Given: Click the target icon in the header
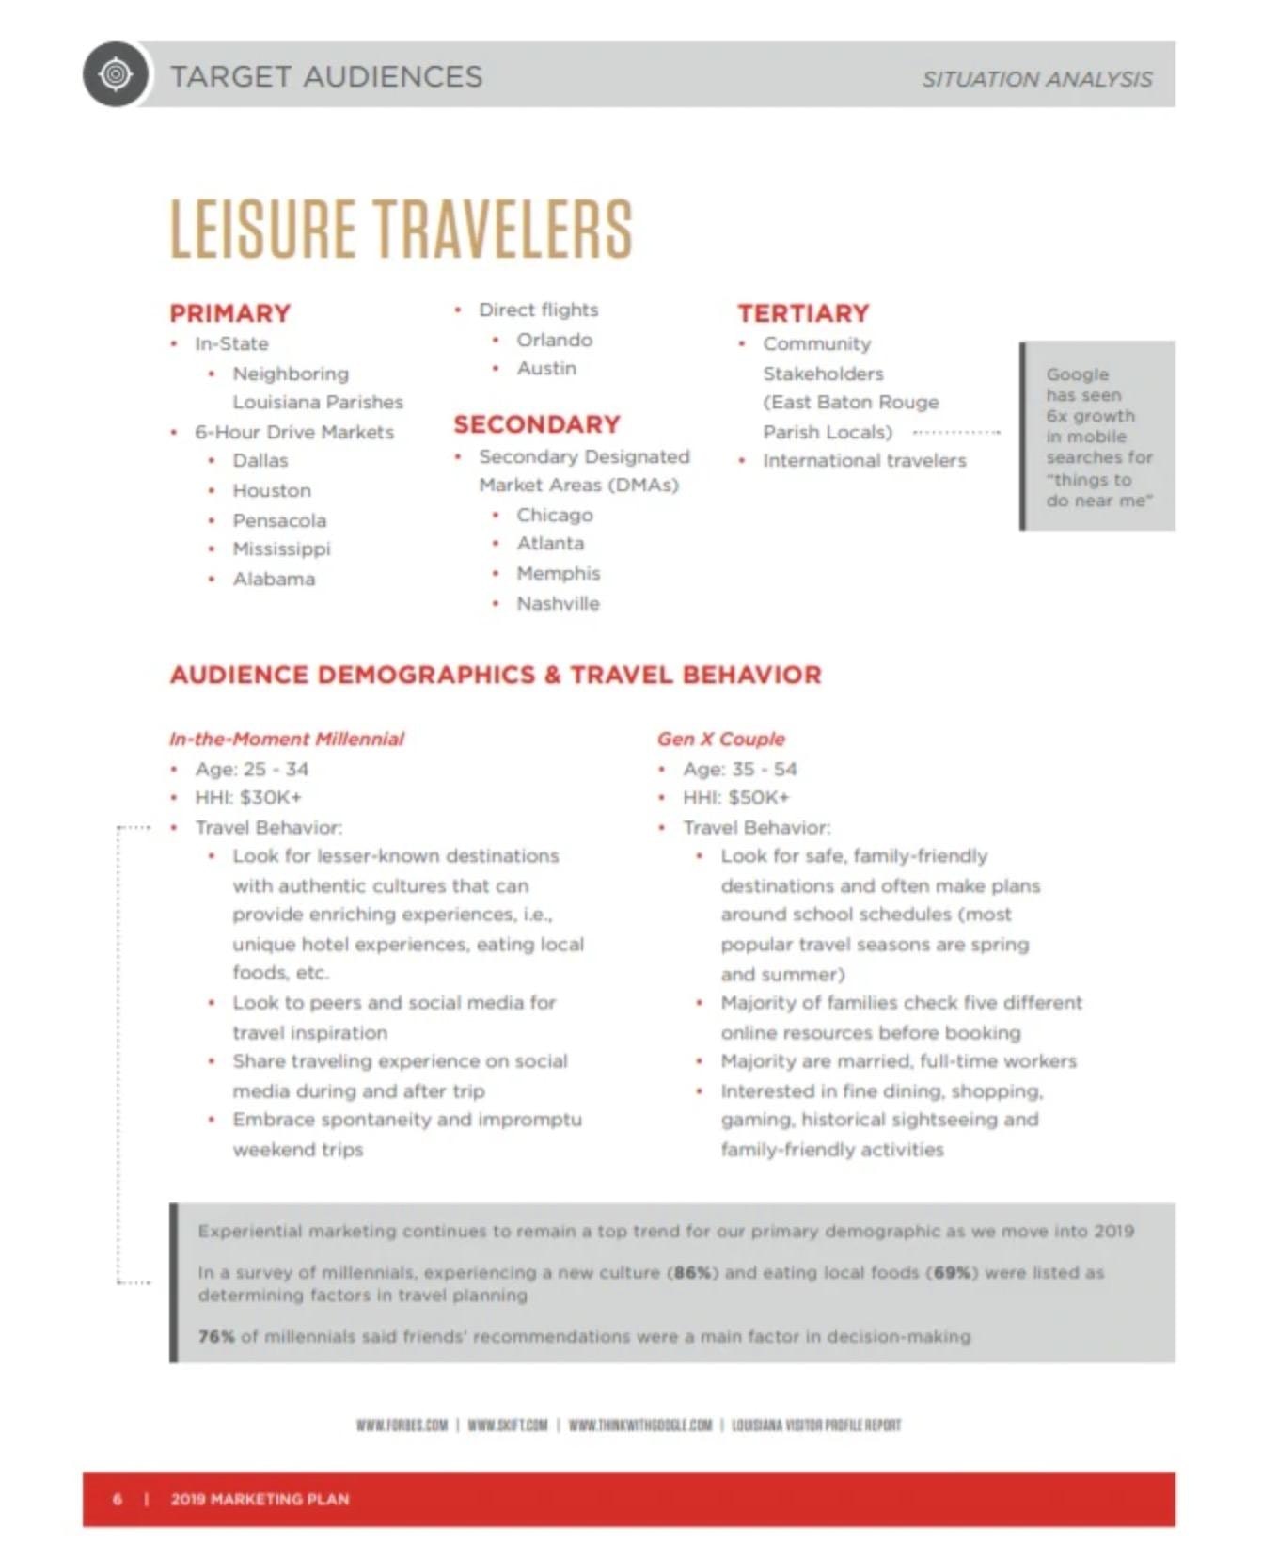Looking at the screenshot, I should [116, 74].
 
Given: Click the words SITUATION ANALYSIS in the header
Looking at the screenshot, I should [1036, 79].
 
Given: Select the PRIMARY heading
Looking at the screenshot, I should [230, 313].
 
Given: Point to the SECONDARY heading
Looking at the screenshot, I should [537, 424].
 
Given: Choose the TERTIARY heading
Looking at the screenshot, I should [803, 313].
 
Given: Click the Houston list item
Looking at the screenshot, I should [272, 490].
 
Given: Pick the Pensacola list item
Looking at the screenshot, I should [279, 520].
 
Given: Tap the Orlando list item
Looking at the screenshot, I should [554, 340].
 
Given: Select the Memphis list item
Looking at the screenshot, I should [558, 573].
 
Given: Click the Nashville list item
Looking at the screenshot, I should [558, 603].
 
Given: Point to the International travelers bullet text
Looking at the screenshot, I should [864, 460].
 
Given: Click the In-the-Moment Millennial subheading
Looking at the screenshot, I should [287, 739].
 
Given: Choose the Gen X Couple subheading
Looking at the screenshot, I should [721, 739].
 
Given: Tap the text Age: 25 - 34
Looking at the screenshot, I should [251, 769].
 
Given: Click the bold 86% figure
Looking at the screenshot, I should [693, 1273].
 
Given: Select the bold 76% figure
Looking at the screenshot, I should [216, 1336].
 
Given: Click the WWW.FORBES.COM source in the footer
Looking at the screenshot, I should [402, 1425].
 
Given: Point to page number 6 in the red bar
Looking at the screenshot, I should [118, 1499].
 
